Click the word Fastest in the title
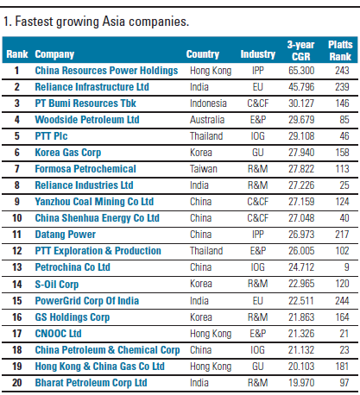click(34, 22)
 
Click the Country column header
click(203, 54)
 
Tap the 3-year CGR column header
click(300, 51)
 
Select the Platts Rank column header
click(340, 51)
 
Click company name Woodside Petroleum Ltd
click(87, 120)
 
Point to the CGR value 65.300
click(301, 71)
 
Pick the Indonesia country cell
click(208, 103)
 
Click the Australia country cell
click(207, 120)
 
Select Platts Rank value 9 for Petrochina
click(346, 267)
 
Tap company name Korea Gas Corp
click(68, 153)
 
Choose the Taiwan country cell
click(203, 169)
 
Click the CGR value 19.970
click(301, 383)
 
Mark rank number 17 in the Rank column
click(17, 334)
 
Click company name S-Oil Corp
click(57, 284)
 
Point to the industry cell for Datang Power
click(257, 235)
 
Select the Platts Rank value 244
click(342, 301)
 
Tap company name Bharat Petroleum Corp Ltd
click(91, 383)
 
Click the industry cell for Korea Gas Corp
click(257, 153)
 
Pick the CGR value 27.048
click(301, 218)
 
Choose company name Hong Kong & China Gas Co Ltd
click(99, 367)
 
